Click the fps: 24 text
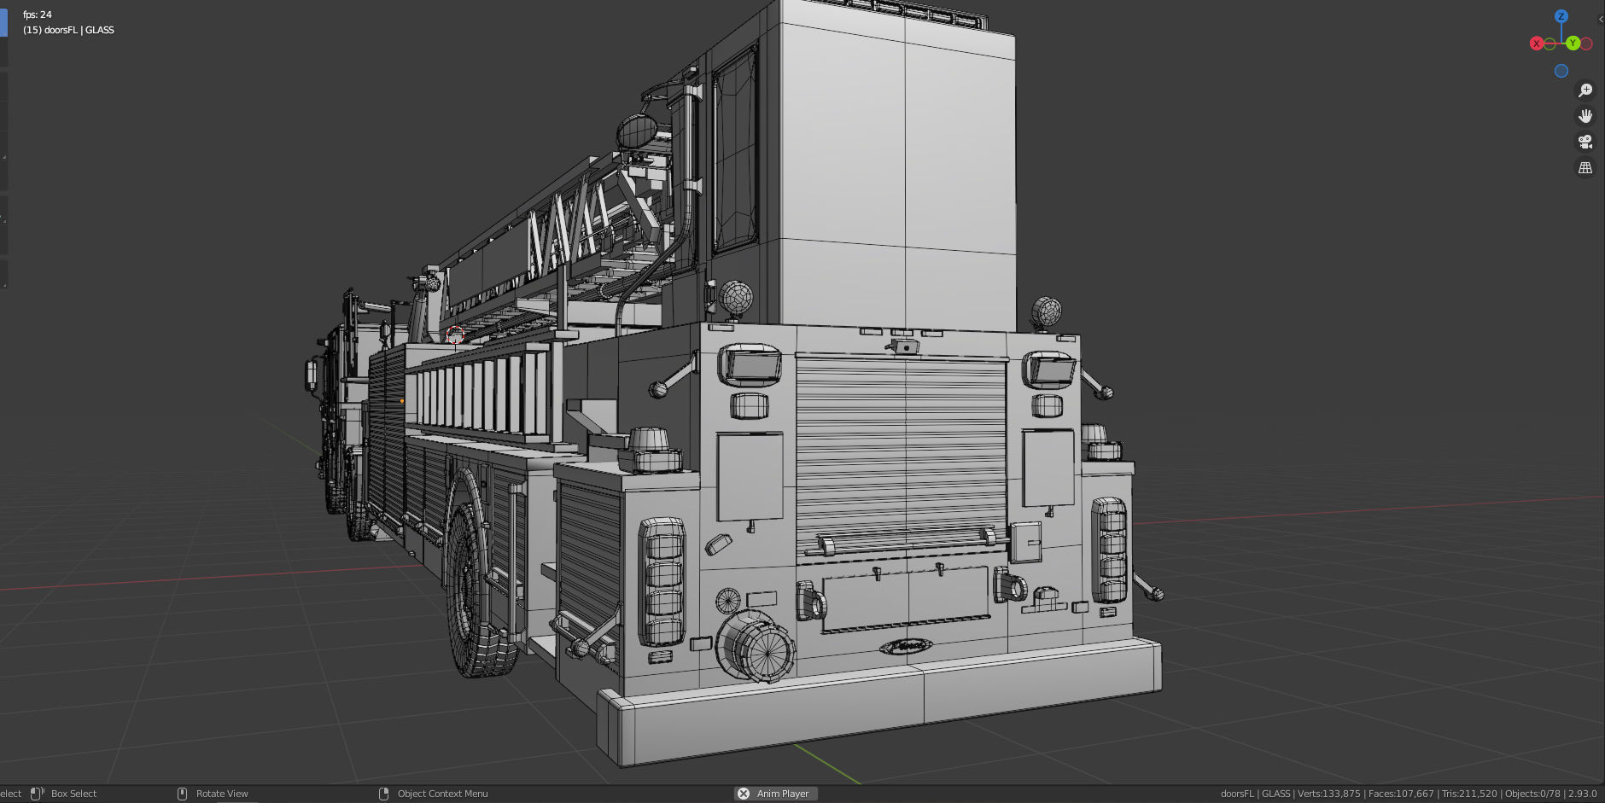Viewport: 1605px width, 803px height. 38,15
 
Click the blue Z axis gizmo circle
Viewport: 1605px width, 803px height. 1561,16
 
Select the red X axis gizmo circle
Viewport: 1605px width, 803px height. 1536,44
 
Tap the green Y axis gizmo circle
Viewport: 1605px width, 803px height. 1573,44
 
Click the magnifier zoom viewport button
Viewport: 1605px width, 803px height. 1585,90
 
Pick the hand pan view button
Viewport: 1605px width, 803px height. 1585,116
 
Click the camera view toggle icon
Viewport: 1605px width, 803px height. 1585,142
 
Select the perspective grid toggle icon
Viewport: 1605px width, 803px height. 1585,168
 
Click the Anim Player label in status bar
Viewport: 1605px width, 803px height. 782,794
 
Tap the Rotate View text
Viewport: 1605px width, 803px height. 222,794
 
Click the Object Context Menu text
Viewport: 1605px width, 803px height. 442,794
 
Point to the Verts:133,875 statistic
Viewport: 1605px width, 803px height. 1328,794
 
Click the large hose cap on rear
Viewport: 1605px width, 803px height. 754,647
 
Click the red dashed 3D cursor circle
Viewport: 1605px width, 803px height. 455,335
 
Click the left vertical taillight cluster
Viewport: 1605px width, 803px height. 662,580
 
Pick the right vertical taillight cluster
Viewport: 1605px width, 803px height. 1109,550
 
